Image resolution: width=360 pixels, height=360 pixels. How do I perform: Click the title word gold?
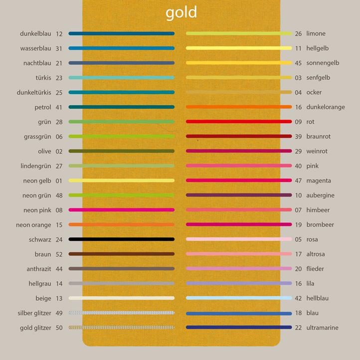tap(181, 12)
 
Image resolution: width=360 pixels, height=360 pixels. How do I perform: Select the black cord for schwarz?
tap(121, 239)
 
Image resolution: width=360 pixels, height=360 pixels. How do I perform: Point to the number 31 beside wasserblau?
tap(59, 48)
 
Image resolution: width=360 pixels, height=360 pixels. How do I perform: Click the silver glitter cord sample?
tap(121, 313)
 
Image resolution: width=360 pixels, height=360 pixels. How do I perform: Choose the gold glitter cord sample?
tap(121, 328)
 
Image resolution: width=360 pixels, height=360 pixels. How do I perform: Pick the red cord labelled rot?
tap(238, 122)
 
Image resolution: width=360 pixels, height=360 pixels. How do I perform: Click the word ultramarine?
tap(322, 328)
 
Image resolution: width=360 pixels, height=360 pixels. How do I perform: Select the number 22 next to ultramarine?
tap(298, 328)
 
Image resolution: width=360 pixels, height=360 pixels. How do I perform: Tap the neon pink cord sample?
tap(121, 210)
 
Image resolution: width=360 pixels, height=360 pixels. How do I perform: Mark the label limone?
tap(316, 34)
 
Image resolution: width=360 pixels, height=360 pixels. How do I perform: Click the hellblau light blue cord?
tap(238, 298)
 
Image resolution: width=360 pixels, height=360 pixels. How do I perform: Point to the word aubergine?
tap(320, 195)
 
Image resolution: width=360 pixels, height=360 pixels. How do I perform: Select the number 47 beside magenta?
tap(298, 180)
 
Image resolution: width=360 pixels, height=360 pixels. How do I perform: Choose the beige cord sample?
tap(121, 298)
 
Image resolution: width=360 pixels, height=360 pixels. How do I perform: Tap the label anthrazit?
tap(39, 269)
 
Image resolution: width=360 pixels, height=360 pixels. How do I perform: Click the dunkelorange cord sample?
tap(238, 107)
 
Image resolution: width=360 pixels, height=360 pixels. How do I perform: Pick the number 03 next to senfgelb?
tap(298, 78)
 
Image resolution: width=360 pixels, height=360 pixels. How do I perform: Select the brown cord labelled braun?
tap(121, 254)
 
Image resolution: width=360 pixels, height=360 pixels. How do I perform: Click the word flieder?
tap(315, 269)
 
